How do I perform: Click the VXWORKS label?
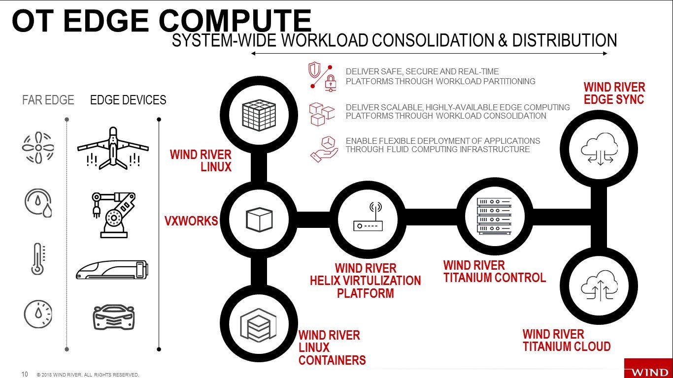click(191, 221)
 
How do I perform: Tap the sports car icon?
click(114, 317)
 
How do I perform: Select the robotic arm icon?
click(114, 215)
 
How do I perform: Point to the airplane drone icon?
click(113, 148)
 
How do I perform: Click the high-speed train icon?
click(112, 270)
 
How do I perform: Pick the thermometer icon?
click(38, 259)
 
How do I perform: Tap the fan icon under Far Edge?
click(38, 148)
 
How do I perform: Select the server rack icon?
click(494, 216)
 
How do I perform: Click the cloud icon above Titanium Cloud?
click(600, 285)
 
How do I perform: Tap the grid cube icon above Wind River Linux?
click(259, 115)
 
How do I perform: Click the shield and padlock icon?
click(322, 77)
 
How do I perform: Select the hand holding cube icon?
click(324, 149)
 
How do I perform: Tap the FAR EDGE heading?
click(48, 100)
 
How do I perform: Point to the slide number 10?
click(25, 374)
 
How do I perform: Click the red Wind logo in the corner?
click(648, 368)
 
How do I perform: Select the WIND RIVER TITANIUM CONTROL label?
click(495, 271)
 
